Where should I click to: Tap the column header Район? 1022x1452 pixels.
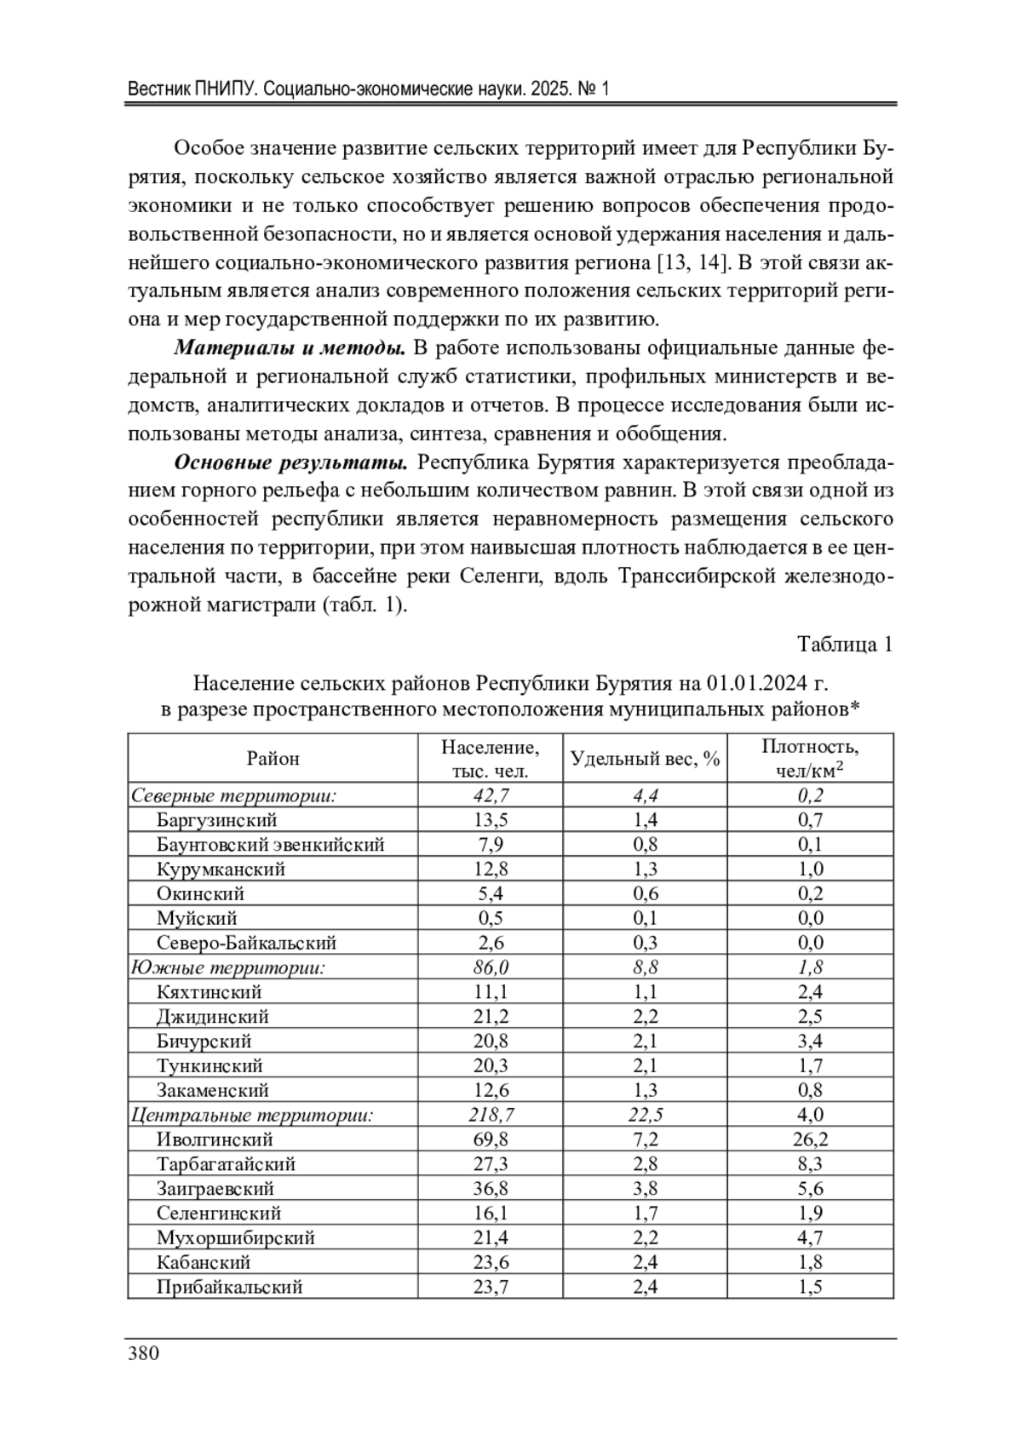coord(273,758)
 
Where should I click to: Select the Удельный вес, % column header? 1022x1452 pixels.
coord(645,758)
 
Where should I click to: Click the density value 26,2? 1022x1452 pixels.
coord(810,1139)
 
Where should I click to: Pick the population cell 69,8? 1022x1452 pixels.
coord(490,1139)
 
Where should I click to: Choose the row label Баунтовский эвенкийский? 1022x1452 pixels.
coord(270,845)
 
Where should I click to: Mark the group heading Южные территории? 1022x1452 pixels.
coord(228,967)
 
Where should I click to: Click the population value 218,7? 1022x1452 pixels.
coord(491,1115)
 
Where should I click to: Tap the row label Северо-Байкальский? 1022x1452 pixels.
coord(246,943)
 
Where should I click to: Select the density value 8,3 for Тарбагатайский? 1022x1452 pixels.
coord(810,1164)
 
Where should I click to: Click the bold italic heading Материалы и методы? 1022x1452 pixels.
coord(290,348)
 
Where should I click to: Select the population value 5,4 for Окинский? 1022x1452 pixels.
coord(490,893)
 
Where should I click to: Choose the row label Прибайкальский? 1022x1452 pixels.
coord(229,1287)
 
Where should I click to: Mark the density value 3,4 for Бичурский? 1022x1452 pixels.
coord(810,1042)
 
